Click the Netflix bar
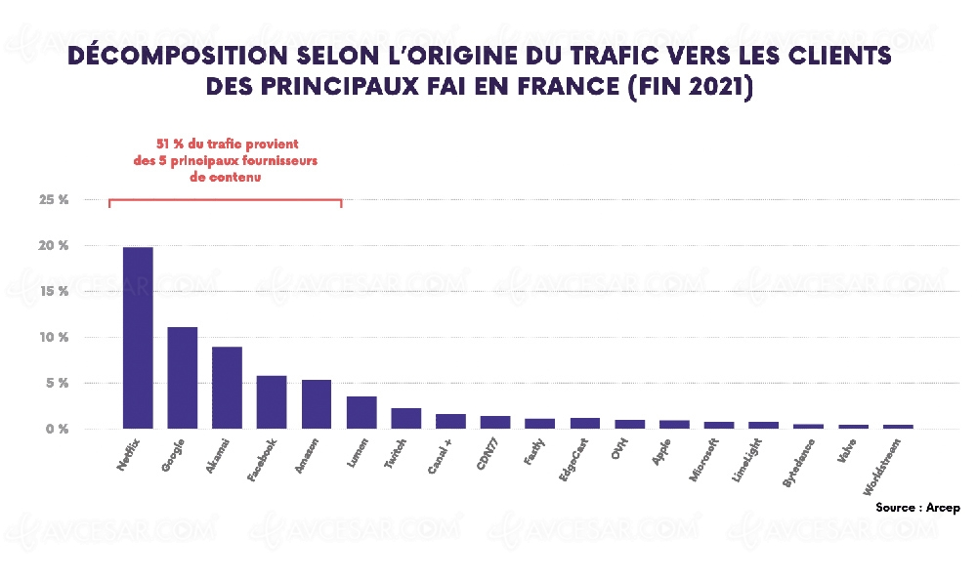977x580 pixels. (138, 338)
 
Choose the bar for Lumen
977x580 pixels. (361, 412)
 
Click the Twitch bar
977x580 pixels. (406, 418)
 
